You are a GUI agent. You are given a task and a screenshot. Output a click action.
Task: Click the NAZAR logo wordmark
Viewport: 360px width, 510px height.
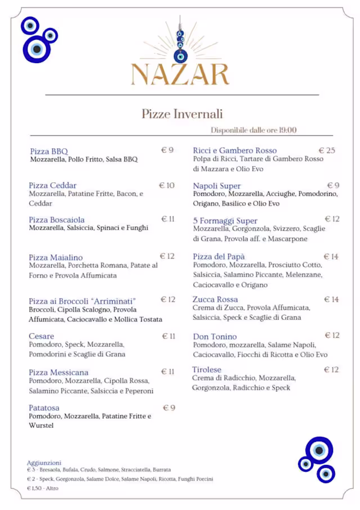(180, 74)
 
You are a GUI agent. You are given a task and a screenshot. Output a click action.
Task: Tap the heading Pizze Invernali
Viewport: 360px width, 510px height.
(182, 114)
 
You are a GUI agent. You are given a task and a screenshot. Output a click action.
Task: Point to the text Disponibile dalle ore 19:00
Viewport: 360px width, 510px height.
(254, 130)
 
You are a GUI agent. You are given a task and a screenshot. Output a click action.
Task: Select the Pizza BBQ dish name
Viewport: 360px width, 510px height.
(49, 151)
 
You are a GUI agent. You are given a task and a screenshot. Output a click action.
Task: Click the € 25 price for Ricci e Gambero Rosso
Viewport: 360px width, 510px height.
(327, 150)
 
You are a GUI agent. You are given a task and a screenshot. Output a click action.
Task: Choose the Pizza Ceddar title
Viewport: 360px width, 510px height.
(53, 185)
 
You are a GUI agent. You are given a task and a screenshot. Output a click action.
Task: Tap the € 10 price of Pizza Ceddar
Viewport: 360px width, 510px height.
(167, 185)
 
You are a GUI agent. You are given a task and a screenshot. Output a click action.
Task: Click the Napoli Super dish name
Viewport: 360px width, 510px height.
(217, 186)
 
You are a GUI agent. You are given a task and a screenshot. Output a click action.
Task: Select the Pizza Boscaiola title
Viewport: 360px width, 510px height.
(57, 220)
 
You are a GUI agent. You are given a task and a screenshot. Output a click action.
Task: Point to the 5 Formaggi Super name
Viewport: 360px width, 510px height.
(225, 221)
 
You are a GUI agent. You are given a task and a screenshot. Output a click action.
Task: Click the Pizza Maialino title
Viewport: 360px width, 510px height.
(56, 257)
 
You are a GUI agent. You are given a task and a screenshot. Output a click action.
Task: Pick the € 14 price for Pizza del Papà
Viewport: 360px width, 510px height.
(331, 257)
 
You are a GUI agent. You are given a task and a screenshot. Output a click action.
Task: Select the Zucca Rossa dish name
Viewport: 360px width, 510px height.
(215, 299)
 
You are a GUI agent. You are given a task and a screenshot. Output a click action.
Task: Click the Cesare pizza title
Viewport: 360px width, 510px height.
(42, 336)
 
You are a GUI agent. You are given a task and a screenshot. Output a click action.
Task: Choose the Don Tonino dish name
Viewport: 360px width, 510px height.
(215, 337)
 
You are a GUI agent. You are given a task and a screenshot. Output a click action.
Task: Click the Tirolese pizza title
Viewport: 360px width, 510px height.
(207, 370)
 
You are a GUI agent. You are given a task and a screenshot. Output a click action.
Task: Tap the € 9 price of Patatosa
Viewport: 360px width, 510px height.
(169, 408)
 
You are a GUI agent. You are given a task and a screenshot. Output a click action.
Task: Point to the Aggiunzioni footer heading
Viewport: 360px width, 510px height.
(44, 463)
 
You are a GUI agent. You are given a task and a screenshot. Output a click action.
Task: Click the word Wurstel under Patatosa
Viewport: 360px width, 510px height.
(41, 426)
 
